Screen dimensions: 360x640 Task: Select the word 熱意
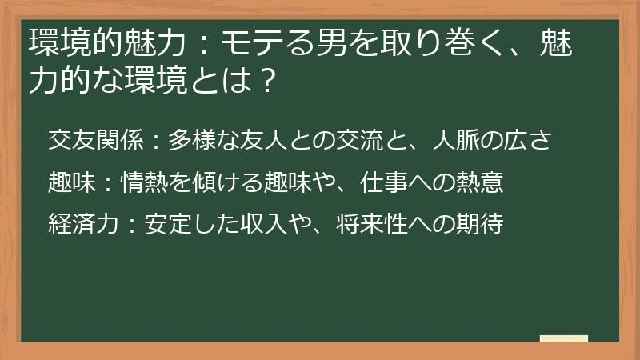(479, 183)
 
